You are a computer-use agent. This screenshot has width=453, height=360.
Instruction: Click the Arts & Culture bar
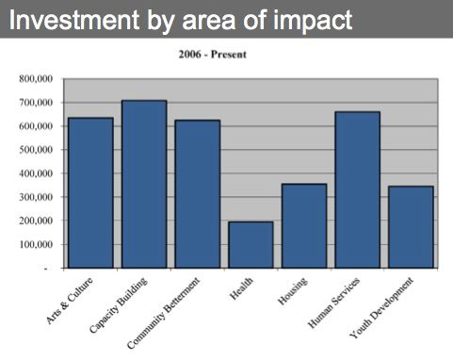(90, 193)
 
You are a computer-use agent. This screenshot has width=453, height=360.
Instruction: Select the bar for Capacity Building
(144, 184)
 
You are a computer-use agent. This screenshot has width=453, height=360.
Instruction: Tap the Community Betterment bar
(198, 194)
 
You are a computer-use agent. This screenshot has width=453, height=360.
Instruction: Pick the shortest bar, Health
(251, 245)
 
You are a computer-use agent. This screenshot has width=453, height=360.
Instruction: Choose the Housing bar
(304, 226)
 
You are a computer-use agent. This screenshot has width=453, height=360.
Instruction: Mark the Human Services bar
(358, 189)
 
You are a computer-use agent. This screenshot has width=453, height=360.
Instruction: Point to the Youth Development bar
(411, 227)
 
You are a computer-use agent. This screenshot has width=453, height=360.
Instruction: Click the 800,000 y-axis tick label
(36, 78)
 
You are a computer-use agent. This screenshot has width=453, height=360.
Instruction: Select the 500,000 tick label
(36, 150)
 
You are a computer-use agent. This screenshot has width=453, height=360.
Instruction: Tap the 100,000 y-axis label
(36, 244)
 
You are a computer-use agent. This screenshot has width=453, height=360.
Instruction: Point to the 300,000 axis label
(36, 197)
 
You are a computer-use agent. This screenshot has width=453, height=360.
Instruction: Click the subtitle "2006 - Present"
(213, 55)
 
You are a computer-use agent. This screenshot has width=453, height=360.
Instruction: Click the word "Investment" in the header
(74, 20)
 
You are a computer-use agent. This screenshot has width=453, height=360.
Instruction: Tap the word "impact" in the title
(313, 21)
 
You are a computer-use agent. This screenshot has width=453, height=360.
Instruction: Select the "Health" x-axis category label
(241, 288)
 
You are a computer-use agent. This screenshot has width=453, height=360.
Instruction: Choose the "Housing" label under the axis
(293, 291)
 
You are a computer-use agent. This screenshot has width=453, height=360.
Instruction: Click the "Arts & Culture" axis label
(70, 301)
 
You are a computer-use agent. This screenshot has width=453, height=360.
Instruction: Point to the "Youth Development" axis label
(381, 308)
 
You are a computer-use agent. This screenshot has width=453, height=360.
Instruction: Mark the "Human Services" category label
(333, 303)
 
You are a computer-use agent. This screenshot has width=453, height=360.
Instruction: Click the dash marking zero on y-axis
(46, 269)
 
